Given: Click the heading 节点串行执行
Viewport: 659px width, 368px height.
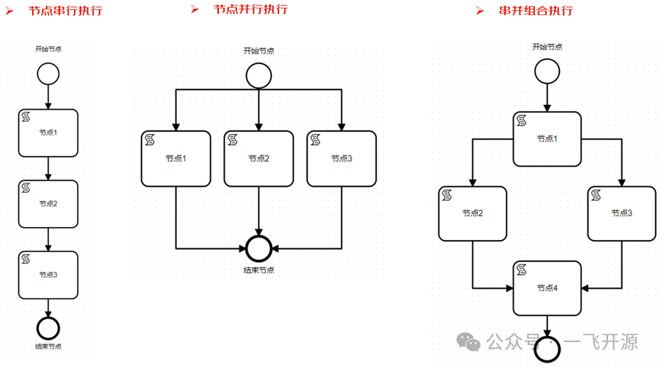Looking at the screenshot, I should (65, 11).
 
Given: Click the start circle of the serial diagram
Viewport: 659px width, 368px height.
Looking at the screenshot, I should (48, 74).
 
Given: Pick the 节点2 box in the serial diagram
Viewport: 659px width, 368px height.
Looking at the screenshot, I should (48, 203).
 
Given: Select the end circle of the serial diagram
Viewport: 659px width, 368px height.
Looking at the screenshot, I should (48, 328).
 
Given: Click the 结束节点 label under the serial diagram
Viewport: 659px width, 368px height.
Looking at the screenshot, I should (48, 347).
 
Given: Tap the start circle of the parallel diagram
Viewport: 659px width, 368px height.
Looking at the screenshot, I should (258, 75).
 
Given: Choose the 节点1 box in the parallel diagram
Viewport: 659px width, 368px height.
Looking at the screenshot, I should (176, 158).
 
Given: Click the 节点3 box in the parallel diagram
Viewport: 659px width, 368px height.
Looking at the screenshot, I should (341, 158).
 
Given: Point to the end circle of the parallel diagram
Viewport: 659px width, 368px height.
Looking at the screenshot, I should (259, 248).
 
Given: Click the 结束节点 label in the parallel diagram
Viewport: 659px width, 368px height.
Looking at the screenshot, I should (259, 270).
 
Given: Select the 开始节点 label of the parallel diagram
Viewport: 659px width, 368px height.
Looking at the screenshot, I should (258, 51).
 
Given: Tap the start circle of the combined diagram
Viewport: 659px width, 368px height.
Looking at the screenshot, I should (547, 72).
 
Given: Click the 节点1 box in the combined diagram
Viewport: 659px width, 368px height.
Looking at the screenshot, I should (547, 139).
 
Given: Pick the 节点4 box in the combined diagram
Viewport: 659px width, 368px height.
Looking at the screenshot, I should (547, 288).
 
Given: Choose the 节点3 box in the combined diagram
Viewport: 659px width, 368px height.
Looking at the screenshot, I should (622, 213).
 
